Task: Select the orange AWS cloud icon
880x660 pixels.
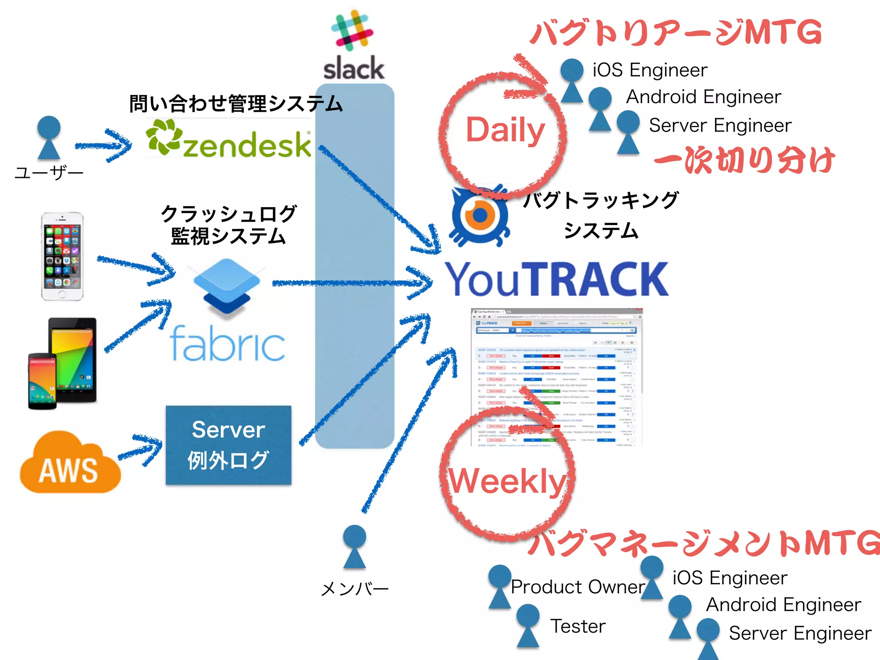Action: (70, 464)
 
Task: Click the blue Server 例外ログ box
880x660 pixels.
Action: (229, 445)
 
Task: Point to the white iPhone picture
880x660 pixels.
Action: (62, 256)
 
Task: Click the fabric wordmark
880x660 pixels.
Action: (227, 344)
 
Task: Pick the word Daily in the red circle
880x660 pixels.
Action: (505, 130)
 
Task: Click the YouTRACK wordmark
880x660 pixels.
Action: (557, 279)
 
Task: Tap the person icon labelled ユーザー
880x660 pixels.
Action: (49, 137)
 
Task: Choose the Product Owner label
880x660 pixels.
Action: (577, 587)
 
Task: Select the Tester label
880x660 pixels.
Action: (578, 626)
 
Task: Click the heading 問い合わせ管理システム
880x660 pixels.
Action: (236, 104)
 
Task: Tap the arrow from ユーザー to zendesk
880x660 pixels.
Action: (104, 146)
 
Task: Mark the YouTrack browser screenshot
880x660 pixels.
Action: (557, 376)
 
